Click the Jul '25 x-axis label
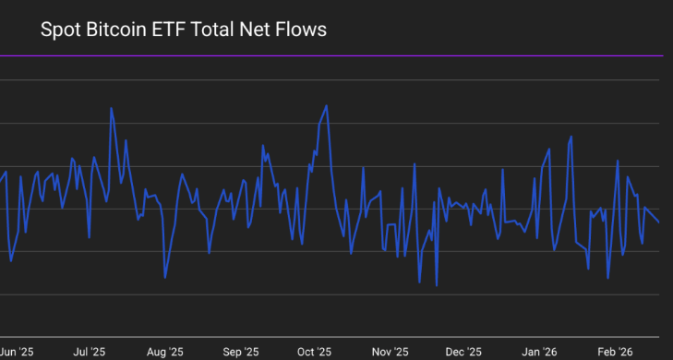(x=89, y=353)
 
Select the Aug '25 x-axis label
(x=165, y=353)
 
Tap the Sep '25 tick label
(x=241, y=353)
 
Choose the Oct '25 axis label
(x=314, y=353)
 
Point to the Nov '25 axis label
(x=391, y=353)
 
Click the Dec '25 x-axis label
(x=463, y=353)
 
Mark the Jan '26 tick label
(x=539, y=353)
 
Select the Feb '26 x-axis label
(x=615, y=353)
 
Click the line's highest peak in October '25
(x=327, y=105)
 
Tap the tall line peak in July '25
(x=111, y=108)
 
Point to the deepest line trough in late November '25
(x=437, y=286)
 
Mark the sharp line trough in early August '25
(x=165, y=278)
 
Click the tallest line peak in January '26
(x=571, y=137)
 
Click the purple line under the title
(x=331, y=55)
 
